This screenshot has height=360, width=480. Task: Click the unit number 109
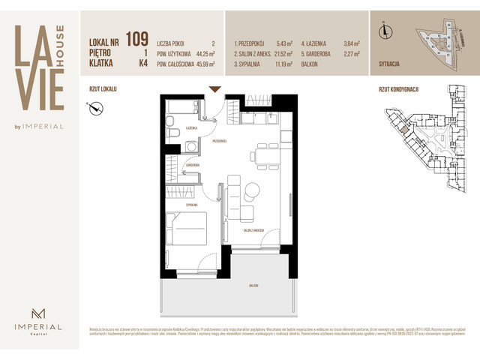(x=137, y=38)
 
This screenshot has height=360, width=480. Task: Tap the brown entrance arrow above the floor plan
(x=214, y=89)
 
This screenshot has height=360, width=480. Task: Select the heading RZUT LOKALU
(x=103, y=88)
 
